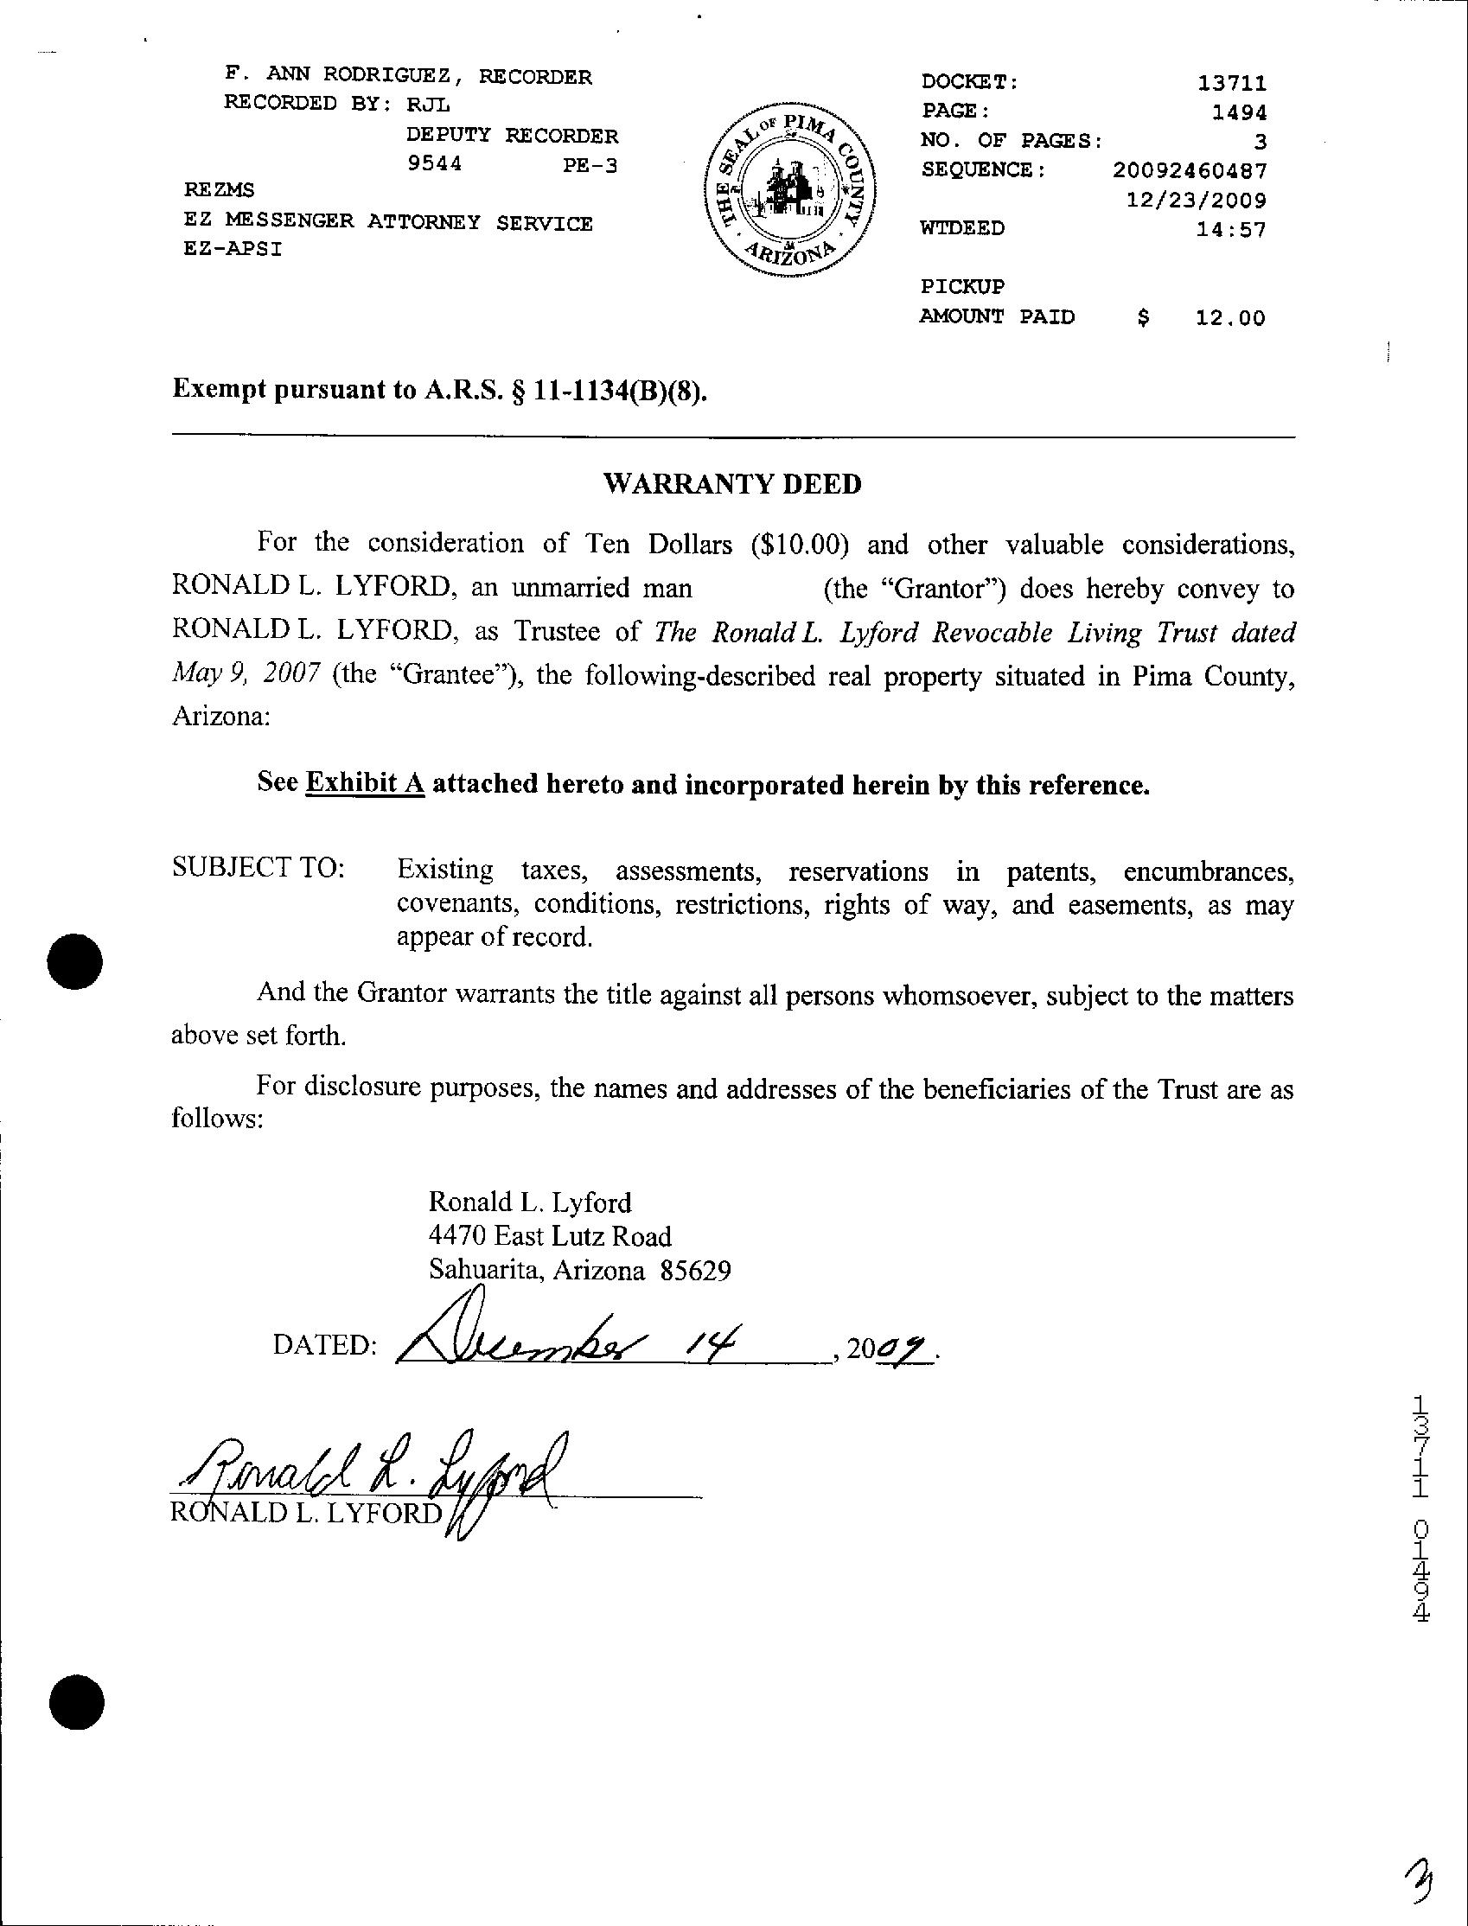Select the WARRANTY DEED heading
(732, 484)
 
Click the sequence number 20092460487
(1190, 170)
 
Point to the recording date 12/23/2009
(1196, 200)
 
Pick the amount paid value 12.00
(1229, 318)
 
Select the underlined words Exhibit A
(364, 783)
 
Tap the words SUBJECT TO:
(258, 868)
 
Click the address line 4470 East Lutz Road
(550, 1237)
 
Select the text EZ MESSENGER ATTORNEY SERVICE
(388, 223)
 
